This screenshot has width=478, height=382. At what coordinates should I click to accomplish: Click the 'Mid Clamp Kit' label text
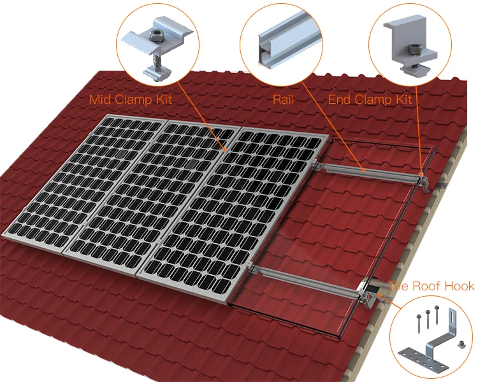[131, 99]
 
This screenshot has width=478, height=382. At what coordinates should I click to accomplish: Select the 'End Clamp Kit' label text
[370, 99]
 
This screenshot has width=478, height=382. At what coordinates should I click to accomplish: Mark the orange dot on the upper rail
[362, 171]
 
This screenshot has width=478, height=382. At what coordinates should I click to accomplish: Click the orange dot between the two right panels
[226, 148]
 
